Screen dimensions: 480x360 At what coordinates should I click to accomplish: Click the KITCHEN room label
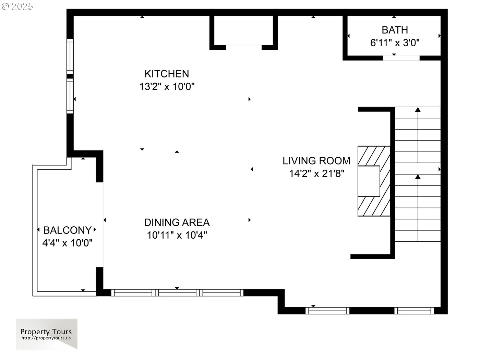pyautogui.click(x=167, y=74)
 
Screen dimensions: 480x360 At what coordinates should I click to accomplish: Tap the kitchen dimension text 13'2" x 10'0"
pyautogui.click(x=167, y=86)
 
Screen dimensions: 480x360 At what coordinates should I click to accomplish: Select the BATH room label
pyautogui.click(x=395, y=30)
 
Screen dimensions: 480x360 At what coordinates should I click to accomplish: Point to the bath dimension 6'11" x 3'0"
pyautogui.click(x=395, y=43)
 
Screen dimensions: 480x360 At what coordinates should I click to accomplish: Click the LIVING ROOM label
pyautogui.click(x=316, y=161)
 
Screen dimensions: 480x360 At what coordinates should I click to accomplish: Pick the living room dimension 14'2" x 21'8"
pyautogui.click(x=317, y=173)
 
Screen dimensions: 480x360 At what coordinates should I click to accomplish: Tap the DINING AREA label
pyautogui.click(x=177, y=223)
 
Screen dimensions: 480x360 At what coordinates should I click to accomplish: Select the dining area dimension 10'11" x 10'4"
pyautogui.click(x=177, y=235)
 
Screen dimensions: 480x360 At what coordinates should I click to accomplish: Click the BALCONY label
pyautogui.click(x=67, y=230)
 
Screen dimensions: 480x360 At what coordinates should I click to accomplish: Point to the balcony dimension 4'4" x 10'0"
pyautogui.click(x=67, y=243)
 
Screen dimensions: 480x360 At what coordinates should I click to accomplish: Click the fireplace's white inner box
pyautogui.click(x=369, y=181)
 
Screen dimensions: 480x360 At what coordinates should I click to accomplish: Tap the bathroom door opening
pyautogui.click(x=401, y=58)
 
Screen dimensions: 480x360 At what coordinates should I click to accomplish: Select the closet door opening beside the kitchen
pyautogui.click(x=244, y=47)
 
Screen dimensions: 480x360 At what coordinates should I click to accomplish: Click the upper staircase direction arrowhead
pyautogui.click(x=418, y=109)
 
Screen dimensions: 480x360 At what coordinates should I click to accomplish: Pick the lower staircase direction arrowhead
pyautogui.click(x=418, y=177)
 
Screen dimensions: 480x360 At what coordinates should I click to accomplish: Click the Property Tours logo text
pyautogui.click(x=46, y=332)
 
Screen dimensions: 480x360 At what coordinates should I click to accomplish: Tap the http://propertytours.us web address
pyautogui.click(x=46, y=338)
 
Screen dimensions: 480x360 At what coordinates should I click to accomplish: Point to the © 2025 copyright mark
pyautogui.click(x=17, y=7)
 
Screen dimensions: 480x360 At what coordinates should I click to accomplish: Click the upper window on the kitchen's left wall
pyautogui.click(x=70, y=56)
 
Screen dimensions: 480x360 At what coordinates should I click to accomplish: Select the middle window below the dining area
pyautogui.click(x=177, y=293)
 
